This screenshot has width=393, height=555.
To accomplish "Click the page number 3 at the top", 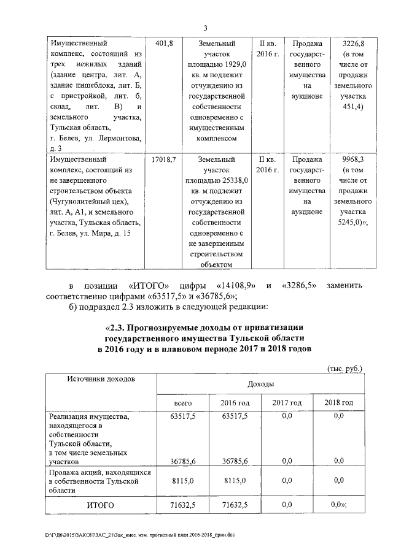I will (206, 28).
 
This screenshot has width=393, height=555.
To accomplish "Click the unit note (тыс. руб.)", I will (343, 369).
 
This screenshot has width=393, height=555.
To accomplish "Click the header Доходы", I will (260, 383).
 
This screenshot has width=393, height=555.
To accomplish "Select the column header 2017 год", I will (287, 402).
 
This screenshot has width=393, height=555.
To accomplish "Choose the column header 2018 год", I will (338, 402).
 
